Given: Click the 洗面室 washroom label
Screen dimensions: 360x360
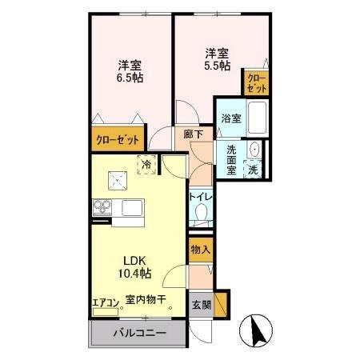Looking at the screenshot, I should pyautogui.click(x=232, y=159).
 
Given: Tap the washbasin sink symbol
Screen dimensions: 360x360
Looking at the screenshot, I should pyautogui.click(x=254, y=150).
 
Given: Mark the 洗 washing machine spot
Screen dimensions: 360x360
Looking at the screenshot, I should pyautogui.click(x=253, y=170).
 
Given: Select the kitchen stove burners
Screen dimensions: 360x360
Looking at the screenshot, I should pyautogui.click(x=102, y=208).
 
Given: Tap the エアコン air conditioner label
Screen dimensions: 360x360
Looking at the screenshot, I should pyautogui.click(x=105, y=302).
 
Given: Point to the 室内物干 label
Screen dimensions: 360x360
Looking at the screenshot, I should pyautogui.click(x=145, y=301).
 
